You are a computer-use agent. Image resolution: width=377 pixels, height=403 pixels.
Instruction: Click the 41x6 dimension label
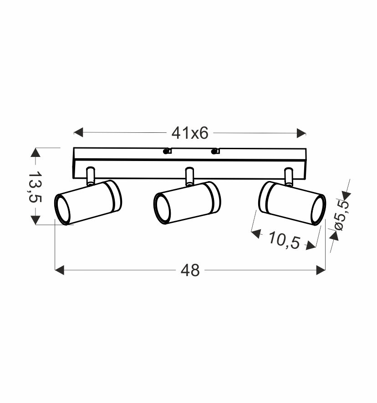[x=189, y=133]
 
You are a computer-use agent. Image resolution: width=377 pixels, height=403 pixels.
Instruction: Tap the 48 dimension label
[x=190, y=270]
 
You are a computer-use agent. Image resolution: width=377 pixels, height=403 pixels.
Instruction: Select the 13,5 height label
[x=36, y=186]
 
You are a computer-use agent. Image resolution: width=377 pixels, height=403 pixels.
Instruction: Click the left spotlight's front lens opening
[x=62, y=210]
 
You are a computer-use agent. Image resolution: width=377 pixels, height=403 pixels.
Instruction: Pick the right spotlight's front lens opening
[x=318, y=210]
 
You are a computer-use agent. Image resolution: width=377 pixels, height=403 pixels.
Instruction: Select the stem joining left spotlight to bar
[x=91, y=176]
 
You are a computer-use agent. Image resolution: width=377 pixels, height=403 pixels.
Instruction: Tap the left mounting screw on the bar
[x=167, y=151]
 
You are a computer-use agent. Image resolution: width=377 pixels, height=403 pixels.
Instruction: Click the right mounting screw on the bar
[x=215, y=151]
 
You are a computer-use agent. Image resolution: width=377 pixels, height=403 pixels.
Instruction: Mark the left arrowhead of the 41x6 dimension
[x=78, y=133]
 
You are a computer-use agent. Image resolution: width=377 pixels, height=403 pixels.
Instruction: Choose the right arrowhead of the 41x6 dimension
[x=301, y=133]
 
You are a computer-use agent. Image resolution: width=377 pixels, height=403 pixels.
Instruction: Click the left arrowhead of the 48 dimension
[x=59, y=270]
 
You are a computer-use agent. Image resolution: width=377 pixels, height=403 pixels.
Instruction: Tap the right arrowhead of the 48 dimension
[x=321, y=270]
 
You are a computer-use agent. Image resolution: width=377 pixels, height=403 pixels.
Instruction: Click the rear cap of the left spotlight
[x=114, y=196]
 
